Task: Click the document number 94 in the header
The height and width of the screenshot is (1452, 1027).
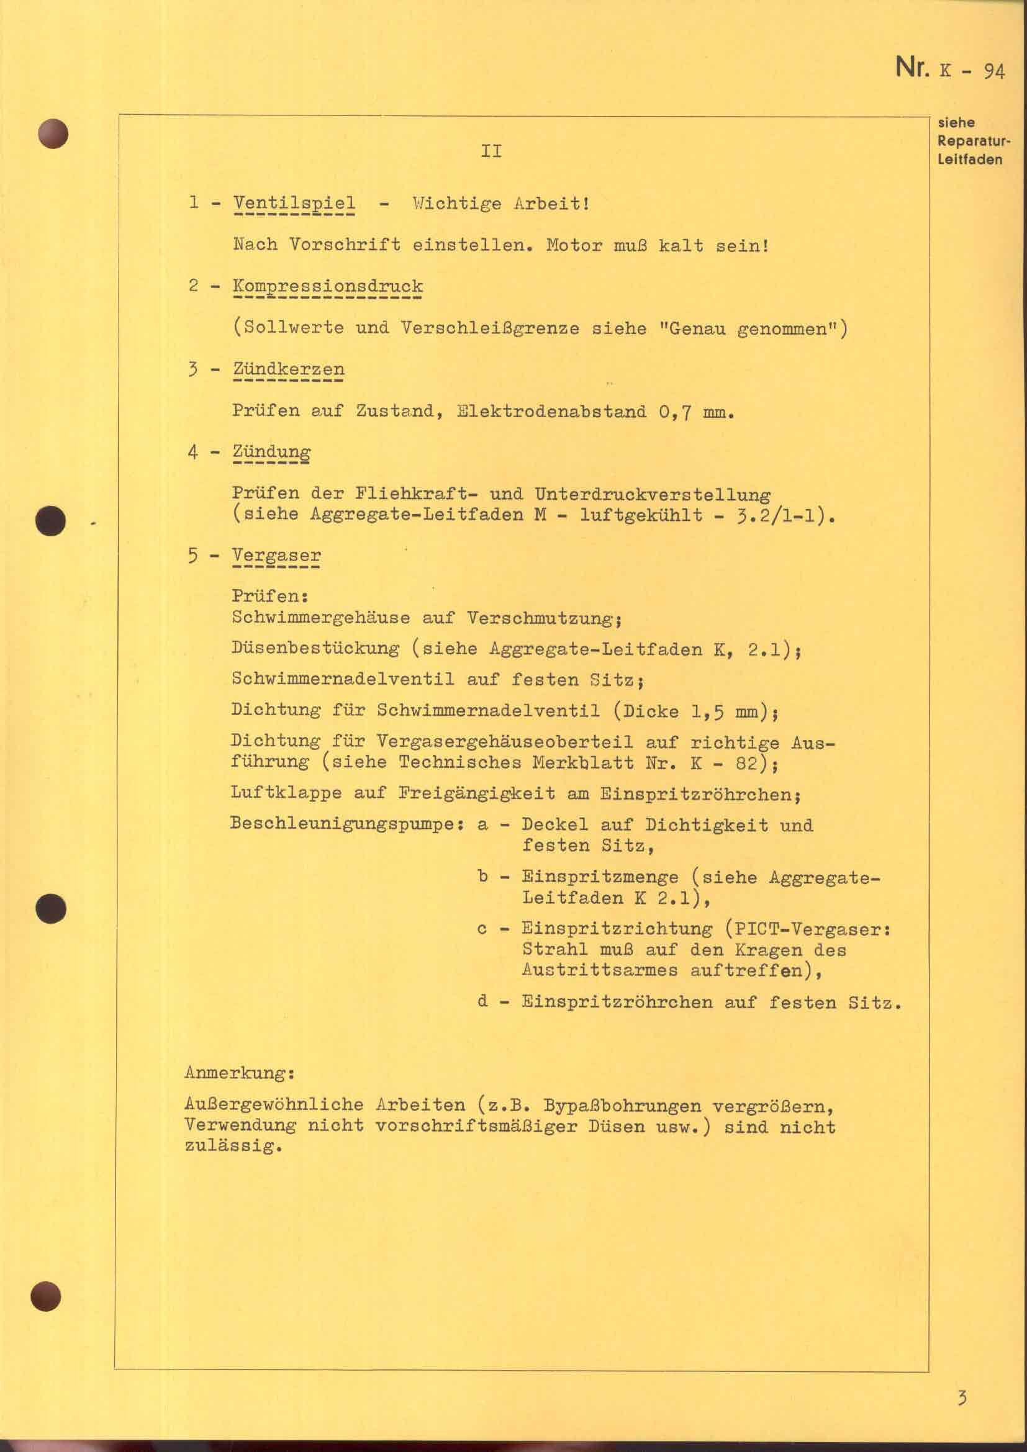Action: coord(993,71)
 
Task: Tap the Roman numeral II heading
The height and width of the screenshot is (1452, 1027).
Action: coord(491,151)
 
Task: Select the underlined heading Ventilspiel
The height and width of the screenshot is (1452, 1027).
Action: coord(294,204)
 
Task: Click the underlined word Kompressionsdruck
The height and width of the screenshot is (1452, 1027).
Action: coord(328,286)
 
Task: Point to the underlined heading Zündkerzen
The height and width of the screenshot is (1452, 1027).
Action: coord(288,369)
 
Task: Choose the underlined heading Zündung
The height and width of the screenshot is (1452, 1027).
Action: coord(271,452)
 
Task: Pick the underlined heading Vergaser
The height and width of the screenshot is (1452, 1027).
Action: coord(276,556)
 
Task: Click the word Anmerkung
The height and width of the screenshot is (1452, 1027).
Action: coord(240,1073)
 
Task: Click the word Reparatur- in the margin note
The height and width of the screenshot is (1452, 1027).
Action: coord(974,140)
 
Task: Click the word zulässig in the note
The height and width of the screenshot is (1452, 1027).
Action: coord(232,1146)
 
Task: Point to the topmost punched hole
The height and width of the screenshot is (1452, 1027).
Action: coord(53,133)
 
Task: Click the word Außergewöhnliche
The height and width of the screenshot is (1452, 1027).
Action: coord(274,1106)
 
